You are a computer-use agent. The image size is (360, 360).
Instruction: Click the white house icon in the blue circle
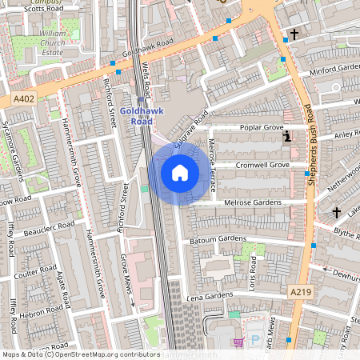[x=180, y=172]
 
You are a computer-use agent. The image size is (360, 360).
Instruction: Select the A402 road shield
[x=24, y=99]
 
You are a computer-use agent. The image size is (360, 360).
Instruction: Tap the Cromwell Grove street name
[x=262, y=165]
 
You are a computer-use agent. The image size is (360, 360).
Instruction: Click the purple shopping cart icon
[x=238, y=342]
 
